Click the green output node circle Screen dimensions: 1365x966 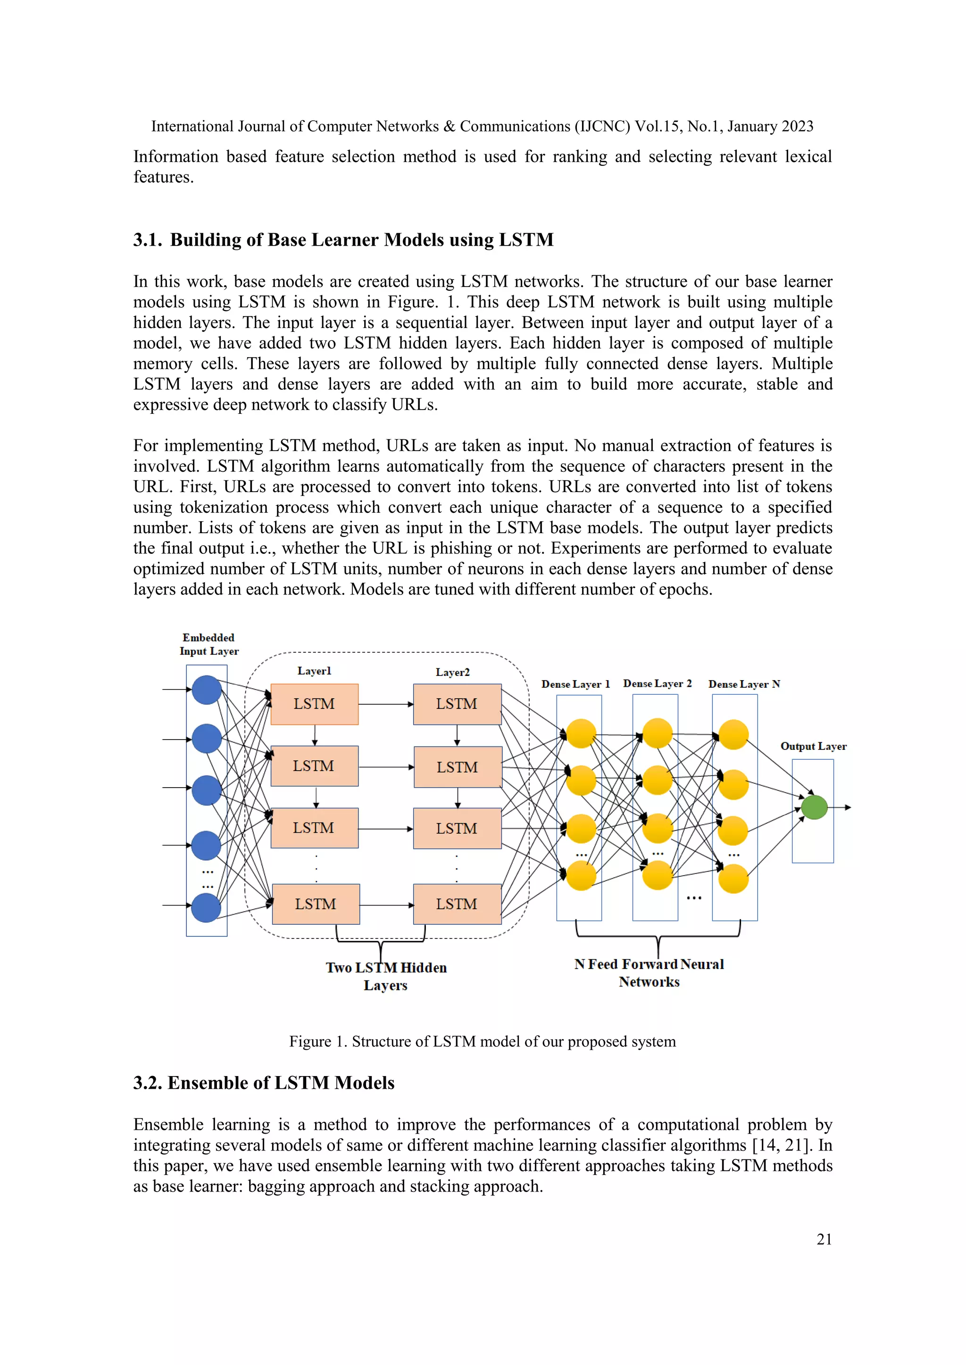[x=814, y=807]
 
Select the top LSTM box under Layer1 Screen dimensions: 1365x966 [x=314, y=704]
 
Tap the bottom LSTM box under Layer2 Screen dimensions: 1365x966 [x=457, y=904]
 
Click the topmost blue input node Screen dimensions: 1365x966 [x=207, y=690]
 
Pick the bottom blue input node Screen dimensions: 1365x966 [x=207, y=908]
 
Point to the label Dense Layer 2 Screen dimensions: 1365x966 [x=657, y=684]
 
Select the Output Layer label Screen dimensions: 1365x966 [x=813, y=746]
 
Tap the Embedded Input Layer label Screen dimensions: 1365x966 [x=209, y=644]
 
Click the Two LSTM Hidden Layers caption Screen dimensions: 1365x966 [x=386, y=976]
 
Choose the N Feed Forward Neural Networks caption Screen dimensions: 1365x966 [x=649, y=973]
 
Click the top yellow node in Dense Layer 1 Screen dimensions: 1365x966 [x=581, y=733]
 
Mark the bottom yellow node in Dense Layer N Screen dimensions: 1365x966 [x=733, y=879]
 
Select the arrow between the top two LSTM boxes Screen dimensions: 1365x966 [x=385, y=705]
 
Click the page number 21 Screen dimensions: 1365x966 [x=824, y=1239]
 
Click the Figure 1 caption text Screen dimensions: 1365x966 [x=483, y=1042]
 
